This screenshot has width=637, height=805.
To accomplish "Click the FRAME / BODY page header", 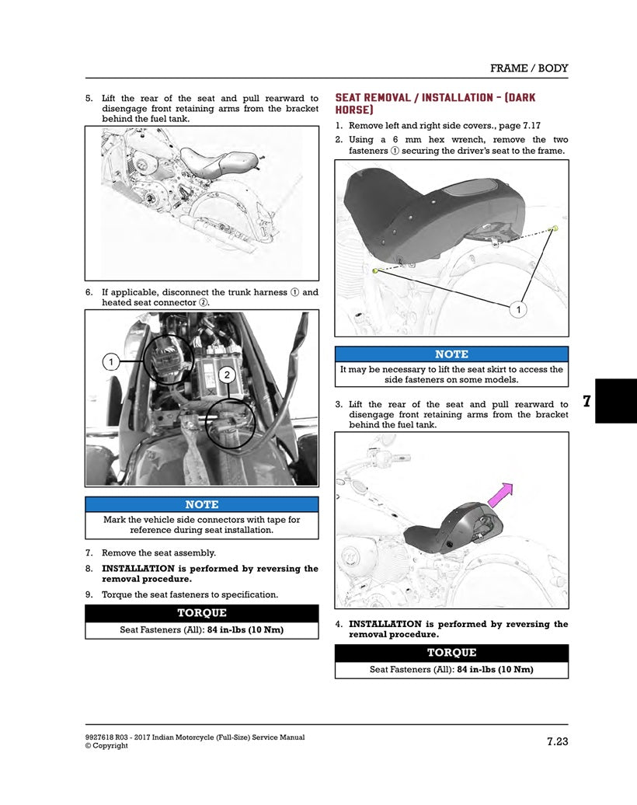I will point(528,68).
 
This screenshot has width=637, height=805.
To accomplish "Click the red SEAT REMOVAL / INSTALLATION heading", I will point(435,104).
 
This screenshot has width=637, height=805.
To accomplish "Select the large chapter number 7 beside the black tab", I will point(586,401).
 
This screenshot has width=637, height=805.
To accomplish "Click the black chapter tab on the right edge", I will point(616,401).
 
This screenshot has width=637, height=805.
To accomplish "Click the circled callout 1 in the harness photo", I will point(111,361).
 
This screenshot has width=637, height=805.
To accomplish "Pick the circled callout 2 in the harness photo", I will point(226,375).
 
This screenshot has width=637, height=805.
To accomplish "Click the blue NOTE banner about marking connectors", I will point(201,504).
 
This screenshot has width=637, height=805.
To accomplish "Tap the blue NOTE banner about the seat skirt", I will point(451,354).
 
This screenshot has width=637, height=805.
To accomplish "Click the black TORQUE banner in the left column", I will point(201,613).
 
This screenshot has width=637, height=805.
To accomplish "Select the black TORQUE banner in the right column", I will point(451,653).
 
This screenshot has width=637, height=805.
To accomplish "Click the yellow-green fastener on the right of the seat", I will point(555,228).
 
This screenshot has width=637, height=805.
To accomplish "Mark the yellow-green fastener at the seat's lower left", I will point(375,270).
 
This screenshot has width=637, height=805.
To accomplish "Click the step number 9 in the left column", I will point(89,594).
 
